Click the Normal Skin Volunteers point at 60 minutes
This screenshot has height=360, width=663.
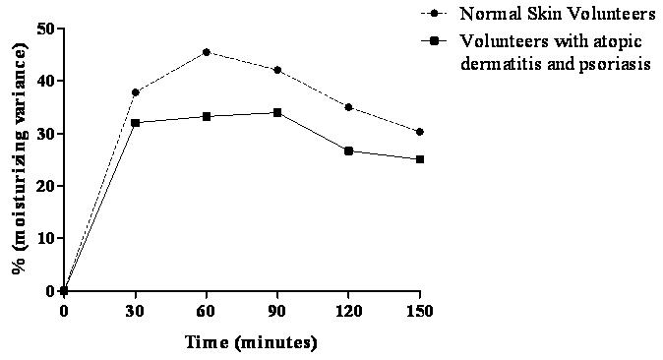click(x=207, y=52)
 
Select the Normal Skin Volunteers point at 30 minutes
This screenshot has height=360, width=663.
click(x=136, y=92)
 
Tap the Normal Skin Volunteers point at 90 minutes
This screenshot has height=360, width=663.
click(x=277, y=70)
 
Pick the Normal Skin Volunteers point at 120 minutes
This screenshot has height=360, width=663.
click(x=348, y=107)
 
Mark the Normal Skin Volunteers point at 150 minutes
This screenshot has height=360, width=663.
click(x=419, y=132)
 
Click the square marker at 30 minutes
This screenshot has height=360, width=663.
click(x=136, y=123)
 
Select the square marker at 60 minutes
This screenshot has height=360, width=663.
click(x=207, y=116)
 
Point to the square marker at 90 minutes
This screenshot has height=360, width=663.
click(x=277, y=113)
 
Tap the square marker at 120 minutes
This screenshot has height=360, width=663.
click(x=348, y=151)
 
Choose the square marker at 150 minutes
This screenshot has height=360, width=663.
click(x=419, y=159)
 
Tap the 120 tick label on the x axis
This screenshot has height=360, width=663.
click(x=348, y=312)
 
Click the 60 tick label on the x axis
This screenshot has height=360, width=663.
click(x=207, y=312)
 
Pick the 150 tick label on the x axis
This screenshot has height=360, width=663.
click(x=419, y=312)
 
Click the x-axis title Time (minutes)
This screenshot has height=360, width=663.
click(x=251, y=342)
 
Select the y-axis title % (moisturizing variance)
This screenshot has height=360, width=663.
click(x=21, y=158)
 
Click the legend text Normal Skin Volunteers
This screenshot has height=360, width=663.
click(x=558, y=14)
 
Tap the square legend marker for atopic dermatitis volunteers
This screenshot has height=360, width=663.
click(x=434, y=41)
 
